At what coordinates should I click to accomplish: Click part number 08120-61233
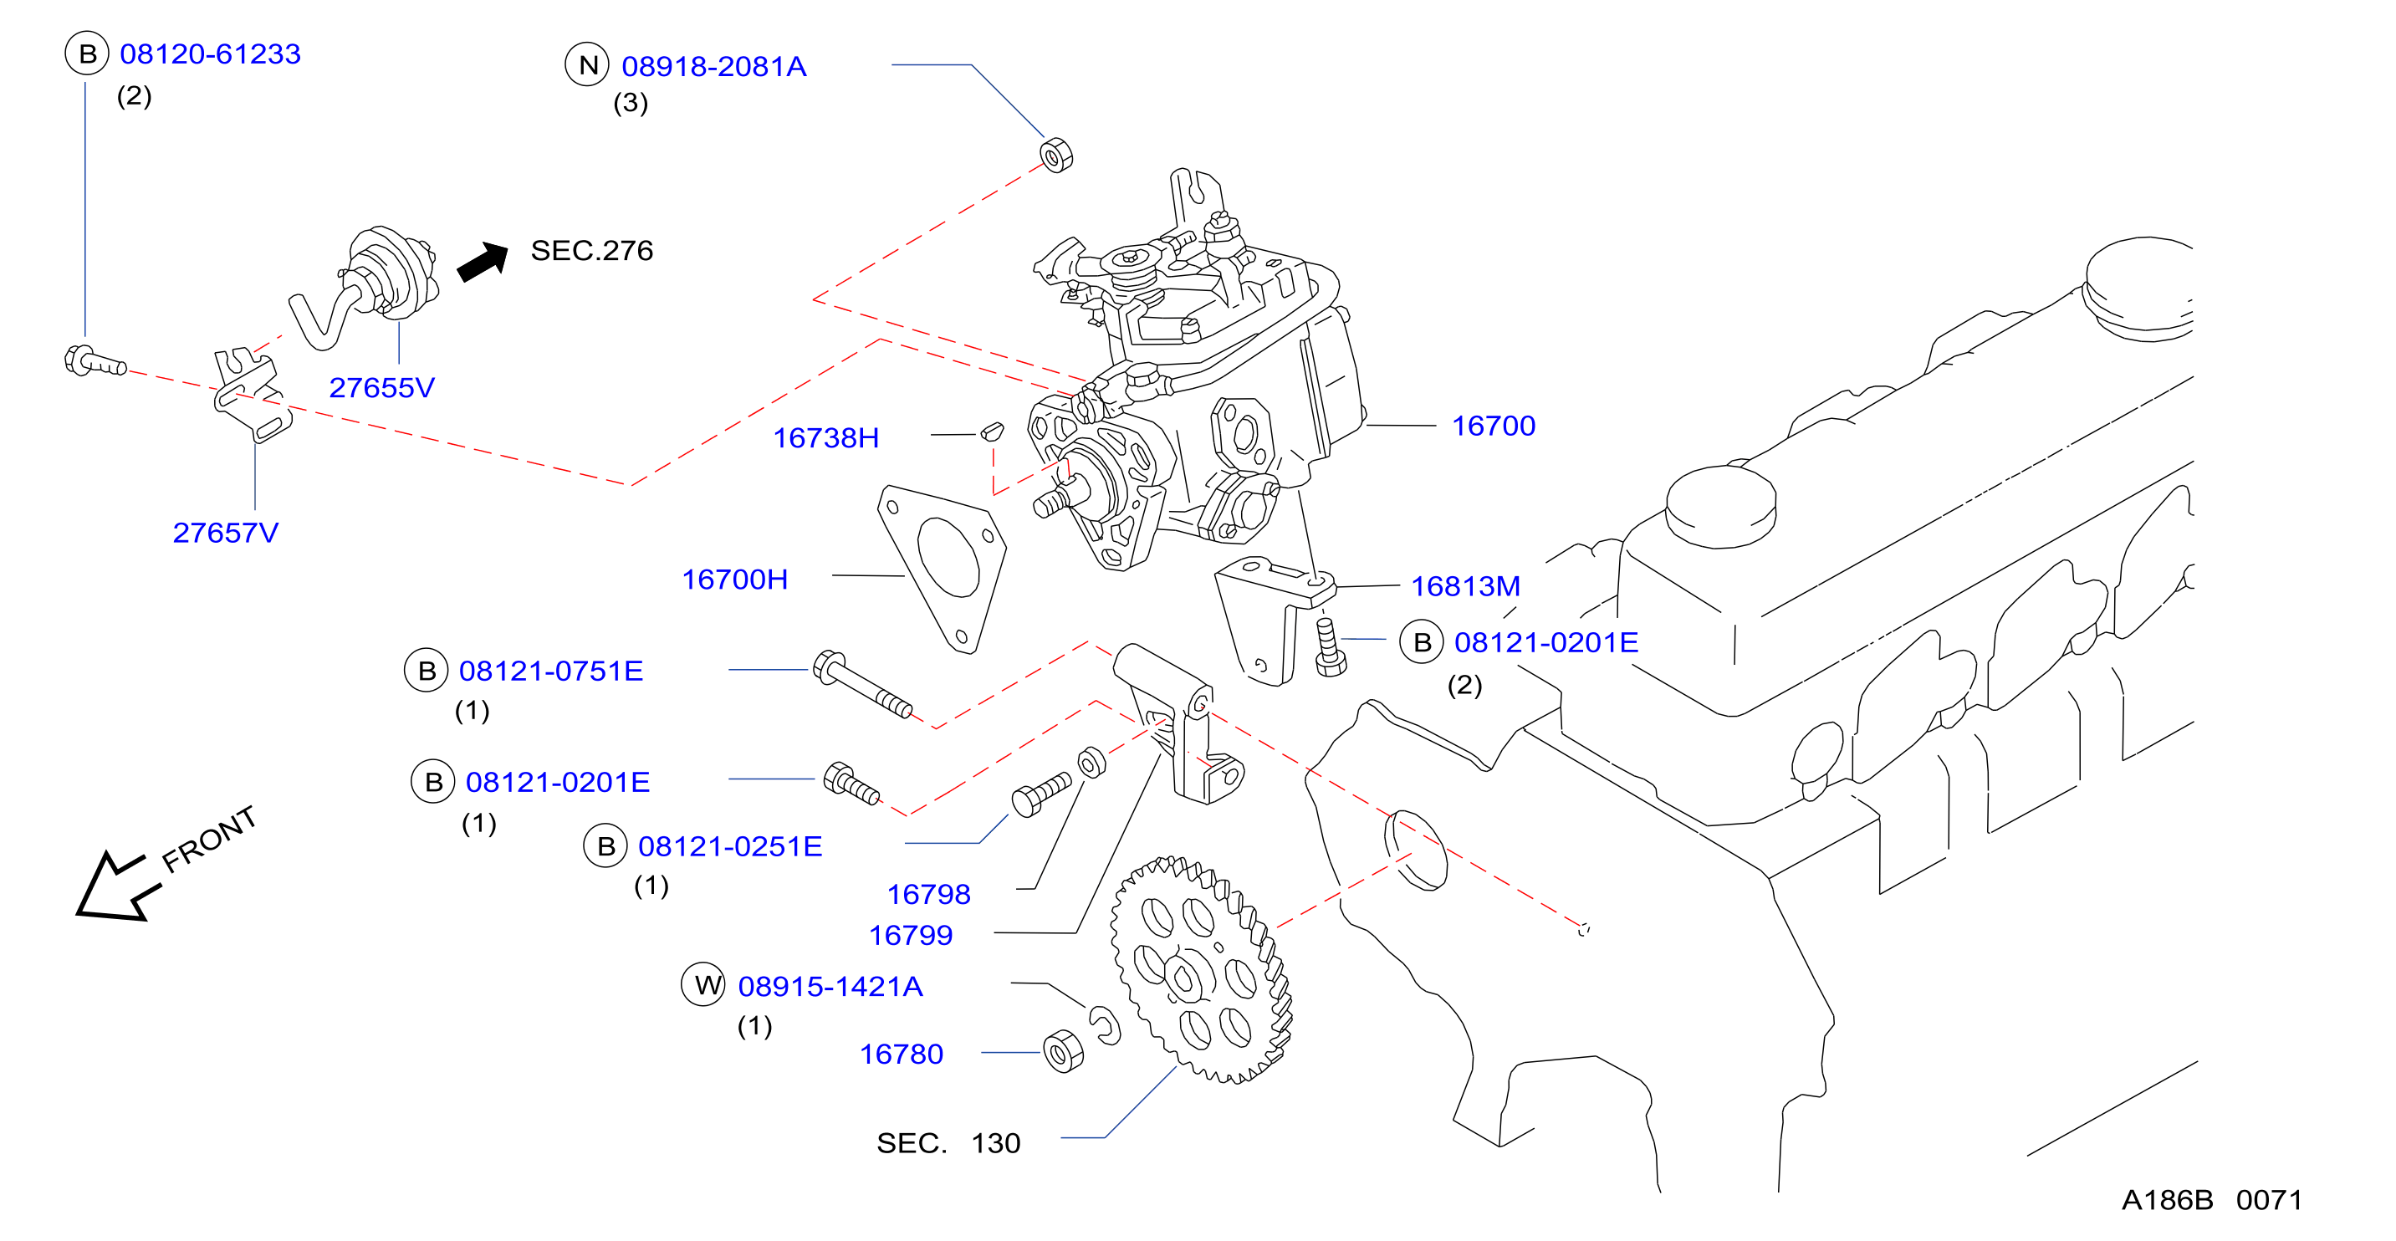coord(210,54)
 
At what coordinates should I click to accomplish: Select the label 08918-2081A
coord(713,67)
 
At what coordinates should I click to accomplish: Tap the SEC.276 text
coord(591,250)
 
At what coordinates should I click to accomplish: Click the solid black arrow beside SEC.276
coord(483,262)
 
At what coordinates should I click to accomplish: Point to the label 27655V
coord(381,388)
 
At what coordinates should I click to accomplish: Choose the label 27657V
coord(225,533)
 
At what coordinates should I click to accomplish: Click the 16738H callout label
coord(826,438)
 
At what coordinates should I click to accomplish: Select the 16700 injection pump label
coord(1494,426)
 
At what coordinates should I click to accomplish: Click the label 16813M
coord(1466,587)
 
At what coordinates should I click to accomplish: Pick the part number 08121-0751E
coord(550,672)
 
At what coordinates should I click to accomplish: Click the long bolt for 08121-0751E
coord(862,685)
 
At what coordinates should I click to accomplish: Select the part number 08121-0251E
coord(730,846)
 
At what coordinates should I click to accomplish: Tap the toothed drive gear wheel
coord(1201,969)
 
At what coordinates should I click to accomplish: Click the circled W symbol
coord(704,985)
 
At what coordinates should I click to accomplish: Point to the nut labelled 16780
coord(1063,1052)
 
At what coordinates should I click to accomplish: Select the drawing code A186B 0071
coord(2212,1200)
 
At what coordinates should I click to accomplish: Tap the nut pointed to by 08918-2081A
coord(1055,156)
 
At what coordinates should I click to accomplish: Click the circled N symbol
coord(588,65)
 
